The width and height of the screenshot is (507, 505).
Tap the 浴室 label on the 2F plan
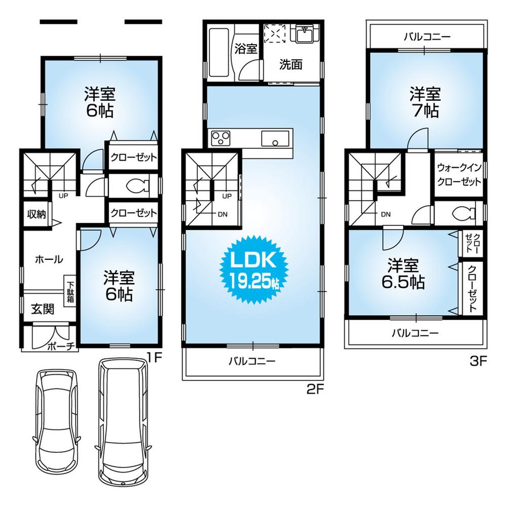[246, 49]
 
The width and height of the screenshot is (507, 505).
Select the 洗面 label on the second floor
[291, 64]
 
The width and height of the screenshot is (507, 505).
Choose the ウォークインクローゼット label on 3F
[459, 174]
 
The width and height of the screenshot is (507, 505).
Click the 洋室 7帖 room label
[425, 103]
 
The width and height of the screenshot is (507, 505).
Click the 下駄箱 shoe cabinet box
[70, 290]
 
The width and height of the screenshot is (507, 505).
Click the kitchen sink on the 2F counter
[275, 138]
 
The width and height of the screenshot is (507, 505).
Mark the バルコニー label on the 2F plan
[251, 361]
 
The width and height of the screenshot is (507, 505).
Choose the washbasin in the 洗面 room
[305, 33]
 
